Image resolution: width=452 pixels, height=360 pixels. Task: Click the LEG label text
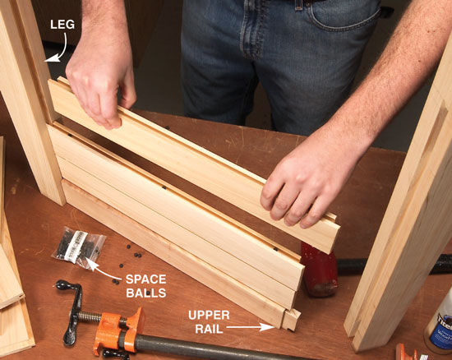(62, 25)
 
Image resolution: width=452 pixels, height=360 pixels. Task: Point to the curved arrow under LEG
(62, 49)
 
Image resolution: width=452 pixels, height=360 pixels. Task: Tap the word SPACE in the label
(145, 279)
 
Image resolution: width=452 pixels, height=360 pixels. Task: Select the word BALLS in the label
(145, 293)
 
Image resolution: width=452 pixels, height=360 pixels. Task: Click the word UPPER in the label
(209, 315)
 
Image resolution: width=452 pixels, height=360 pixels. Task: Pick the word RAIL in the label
(209, 329)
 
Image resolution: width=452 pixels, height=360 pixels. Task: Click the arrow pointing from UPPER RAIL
(250, 327)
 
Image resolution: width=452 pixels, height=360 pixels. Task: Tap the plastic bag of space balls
(79, 247)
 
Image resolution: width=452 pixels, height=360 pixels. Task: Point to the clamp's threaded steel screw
(90, 317)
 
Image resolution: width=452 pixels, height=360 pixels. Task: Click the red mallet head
(319, 270)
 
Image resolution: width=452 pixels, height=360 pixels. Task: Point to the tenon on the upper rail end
(291, 320)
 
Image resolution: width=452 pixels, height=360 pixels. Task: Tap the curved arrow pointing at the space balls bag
(103, 270)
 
